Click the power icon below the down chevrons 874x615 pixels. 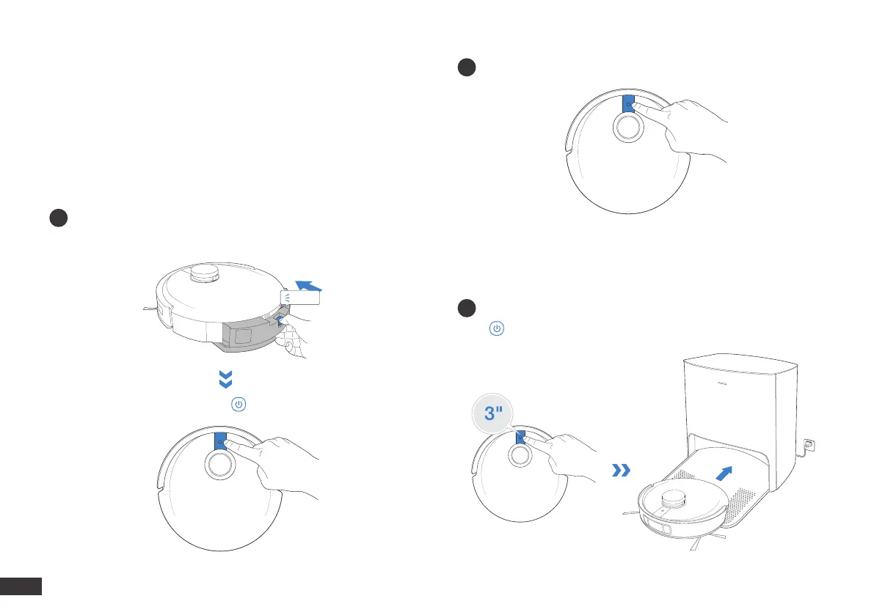pyautogui.click(x=238, y=405)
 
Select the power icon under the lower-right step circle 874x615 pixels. pyautogui.click(x=497, y=329)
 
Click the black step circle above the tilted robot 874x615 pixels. pyautogui.click(x=59, y=218)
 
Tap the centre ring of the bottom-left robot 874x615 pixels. pyautogui.click(x=220, y=464)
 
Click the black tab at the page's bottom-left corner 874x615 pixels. pyautogui.click(x=21, y=586)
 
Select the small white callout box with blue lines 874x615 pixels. pyautogui.click(x=301, y=296)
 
